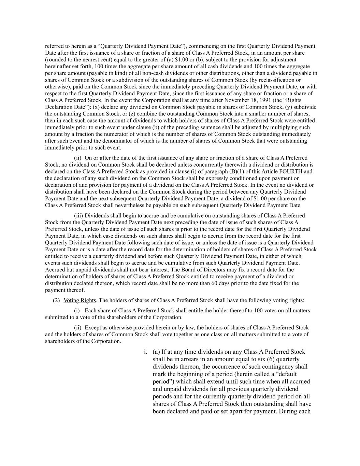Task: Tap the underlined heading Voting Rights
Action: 80,300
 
